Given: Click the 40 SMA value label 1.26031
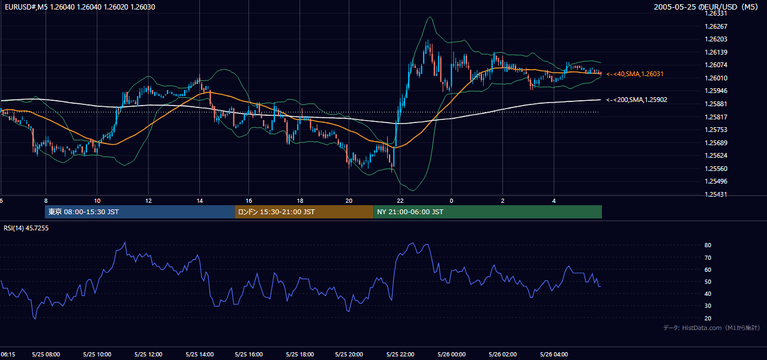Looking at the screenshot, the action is tap(635, 74).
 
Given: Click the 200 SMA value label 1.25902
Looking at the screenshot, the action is tap(637, 100).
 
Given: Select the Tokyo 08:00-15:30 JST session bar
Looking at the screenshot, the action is tap(140, 212).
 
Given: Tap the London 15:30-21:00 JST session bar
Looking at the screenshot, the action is tap(304, 212).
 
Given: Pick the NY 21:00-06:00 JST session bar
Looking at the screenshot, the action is tap(487, 212).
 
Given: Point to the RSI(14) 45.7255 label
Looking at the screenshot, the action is tap(26, 228).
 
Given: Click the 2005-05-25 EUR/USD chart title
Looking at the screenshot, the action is tap(706, 7).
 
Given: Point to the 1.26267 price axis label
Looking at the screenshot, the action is tap(716, 26).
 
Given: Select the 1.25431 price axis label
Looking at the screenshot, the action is tap(716, 194).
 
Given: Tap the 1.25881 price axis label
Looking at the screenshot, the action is tap(716, 104).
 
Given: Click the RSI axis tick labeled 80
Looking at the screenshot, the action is tap(708, 245).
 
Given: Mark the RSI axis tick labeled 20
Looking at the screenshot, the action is tap(708, 318).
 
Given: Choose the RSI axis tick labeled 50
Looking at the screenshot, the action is tap(708, 281).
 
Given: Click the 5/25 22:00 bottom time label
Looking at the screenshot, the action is tap(400, 355).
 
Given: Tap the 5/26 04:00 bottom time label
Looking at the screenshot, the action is tap(554, 355).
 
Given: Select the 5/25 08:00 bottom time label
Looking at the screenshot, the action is tap(46, 355).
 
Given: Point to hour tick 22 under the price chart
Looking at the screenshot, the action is tap(400, 201).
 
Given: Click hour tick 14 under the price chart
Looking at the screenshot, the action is tap(200, 201).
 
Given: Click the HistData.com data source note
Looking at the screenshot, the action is tap(712, 328).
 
